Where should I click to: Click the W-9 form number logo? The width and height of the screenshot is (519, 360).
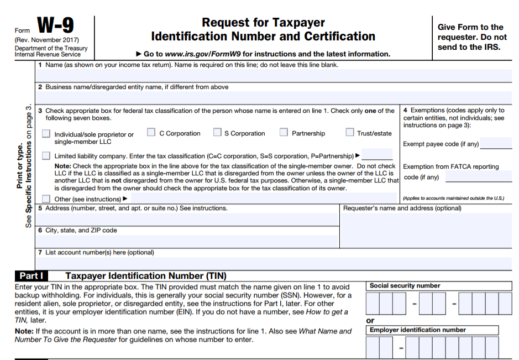pyautogui.click(x=55, y=26)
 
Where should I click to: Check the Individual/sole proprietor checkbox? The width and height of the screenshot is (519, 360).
pyautogui.click(x=45, y=134)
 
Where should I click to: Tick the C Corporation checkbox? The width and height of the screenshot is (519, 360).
pyautogui.click(x=151, y=133)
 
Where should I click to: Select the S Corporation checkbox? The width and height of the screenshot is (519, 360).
pyautogui.click(x=217, y=133)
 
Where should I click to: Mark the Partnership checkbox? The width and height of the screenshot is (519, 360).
pyautogui.click(x=284, y=133)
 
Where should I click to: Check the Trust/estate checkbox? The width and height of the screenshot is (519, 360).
pyautogui.click(x=349, y=133)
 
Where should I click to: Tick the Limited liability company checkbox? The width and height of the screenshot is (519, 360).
pyautogui.click(x=45, y=156)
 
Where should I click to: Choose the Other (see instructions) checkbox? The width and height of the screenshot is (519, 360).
pyautogui.click(x=45, y=199)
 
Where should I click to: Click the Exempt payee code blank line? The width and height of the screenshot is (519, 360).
pyautogui.click(x=495, y=144)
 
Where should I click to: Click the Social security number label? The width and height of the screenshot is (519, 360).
pyautogui.click(x=405, y=286)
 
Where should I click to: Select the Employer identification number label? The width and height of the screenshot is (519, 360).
pyautogui.click(x=418, y=330)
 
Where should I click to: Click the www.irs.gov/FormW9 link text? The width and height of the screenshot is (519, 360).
pyautogui.click(x=205, y=54)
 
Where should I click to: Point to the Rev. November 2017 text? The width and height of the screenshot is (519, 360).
pyautogui.click(x=47, y=40)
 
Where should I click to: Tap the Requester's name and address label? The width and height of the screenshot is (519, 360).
pyautogui.click(x=402, y=208)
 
